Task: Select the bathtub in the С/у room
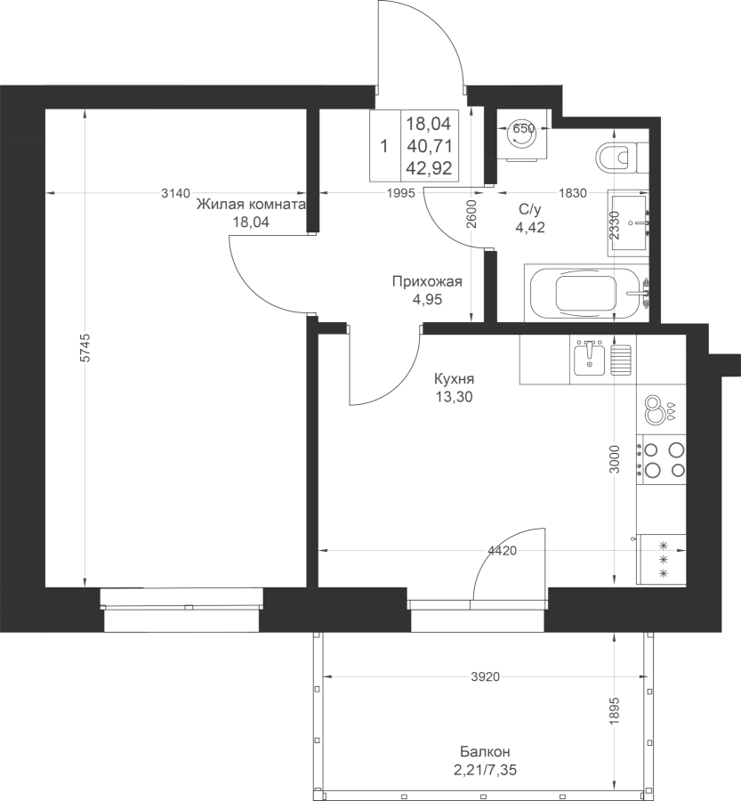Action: click(x=587, y=293)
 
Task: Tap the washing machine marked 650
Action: click(x=523, y=135)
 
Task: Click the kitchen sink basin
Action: click(x=589, y=360)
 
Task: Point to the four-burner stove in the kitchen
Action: click(x=661, y=459)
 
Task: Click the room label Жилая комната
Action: click(x=251, y=205)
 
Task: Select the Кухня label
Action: click(x=454, y=379)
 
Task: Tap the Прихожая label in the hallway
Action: click(x=427, y=281)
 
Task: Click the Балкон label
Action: click(x=485, y=751)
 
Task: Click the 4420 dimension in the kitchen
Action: click(x=503, y=551)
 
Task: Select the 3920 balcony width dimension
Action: click(x=485, y=677)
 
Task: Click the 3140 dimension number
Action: click(x=175, y=193)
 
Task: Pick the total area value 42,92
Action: click(x=430, y=168)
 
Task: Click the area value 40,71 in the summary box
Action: click(x=430, y=146)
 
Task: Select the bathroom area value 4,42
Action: click(x=530, y=227)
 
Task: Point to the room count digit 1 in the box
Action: click(x=384, y=147)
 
